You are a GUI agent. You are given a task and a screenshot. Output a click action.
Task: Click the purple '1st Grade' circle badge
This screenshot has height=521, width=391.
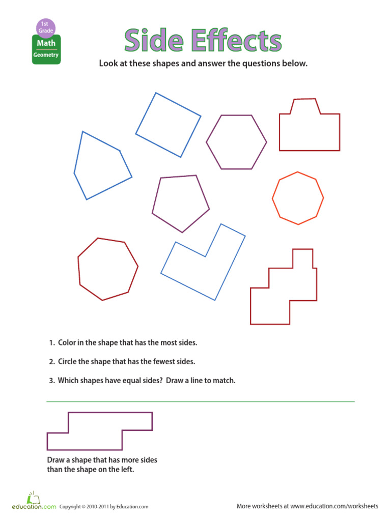pyautogui.click(x=46, y=27)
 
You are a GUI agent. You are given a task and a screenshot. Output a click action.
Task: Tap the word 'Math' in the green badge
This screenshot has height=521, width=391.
pyautogui.click(x=46, y=44)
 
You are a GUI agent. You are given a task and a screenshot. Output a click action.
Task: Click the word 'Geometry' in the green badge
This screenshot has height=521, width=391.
pyautogui.click(x=46, y=55)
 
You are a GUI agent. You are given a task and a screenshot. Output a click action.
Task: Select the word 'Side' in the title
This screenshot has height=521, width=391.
pyautogui.click(x=154, y=41)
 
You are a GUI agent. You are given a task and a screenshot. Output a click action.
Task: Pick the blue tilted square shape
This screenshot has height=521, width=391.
pyautogui.click(x=168, y=125)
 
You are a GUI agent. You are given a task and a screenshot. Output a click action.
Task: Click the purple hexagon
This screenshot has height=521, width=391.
pyautogui.click(x=236, y=142)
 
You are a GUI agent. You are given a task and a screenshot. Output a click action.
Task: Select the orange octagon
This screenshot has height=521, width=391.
pyautogui.click(x=298, y=198)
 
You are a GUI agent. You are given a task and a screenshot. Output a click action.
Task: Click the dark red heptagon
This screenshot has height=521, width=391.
pyautogui.click(x=107, y=269)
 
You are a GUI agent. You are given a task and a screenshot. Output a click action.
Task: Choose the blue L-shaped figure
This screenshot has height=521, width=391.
pyautogui.click(x=204, y=265)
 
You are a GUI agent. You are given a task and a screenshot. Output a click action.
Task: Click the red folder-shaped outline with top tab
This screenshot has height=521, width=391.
pyautogui.click(x=309, y=128)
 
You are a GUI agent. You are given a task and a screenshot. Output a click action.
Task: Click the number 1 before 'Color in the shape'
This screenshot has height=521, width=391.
pyautogui.click(x=51, y=343)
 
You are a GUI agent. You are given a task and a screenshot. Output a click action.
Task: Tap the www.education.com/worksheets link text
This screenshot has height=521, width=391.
pyautogui.click(x=334, y=506)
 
